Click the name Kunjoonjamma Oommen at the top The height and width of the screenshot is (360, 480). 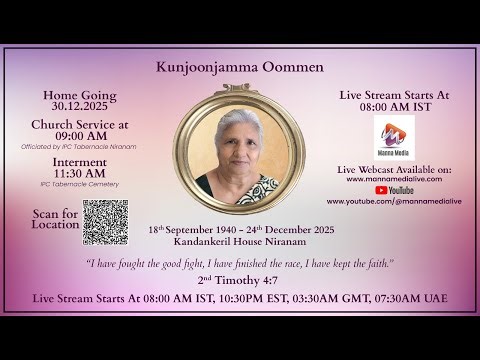240,69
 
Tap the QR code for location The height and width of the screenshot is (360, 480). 105,222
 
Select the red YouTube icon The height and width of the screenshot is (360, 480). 381,189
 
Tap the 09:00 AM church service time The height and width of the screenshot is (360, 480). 80,136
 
